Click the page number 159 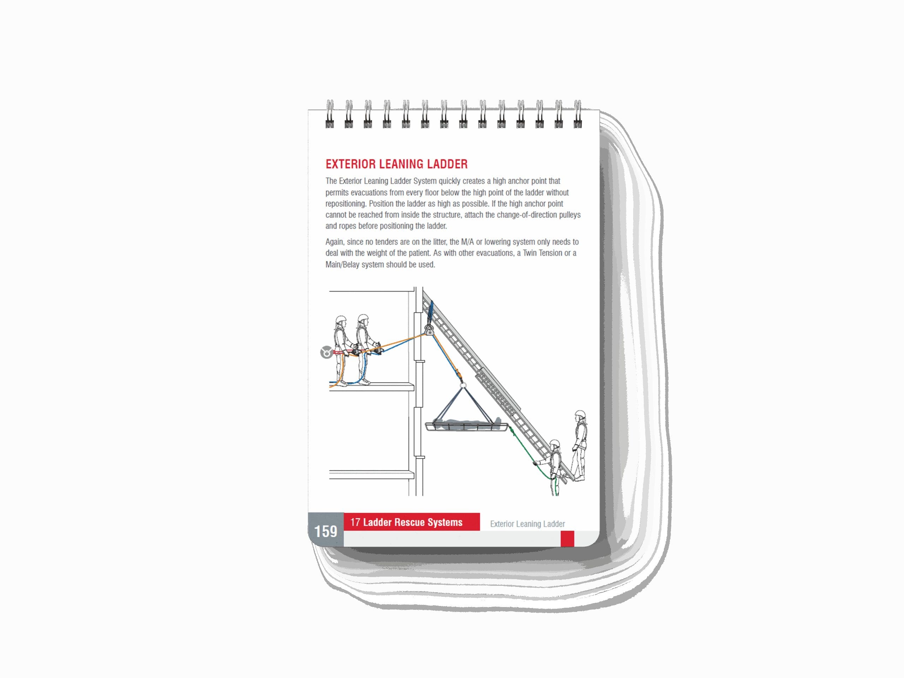point(325,531)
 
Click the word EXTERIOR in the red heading point(350,164)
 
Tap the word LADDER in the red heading point(447,164)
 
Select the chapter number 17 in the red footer point(355,522)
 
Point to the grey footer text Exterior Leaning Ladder point(527,524)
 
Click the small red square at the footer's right point(567,538)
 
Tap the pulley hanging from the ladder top point(429,329)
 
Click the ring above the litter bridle point(463,385)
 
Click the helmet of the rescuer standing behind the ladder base point(580,414)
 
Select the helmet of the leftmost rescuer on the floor point(341,319)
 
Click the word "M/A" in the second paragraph point(467,242)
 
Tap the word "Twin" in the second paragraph point(530,253)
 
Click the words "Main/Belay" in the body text point(342,264)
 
